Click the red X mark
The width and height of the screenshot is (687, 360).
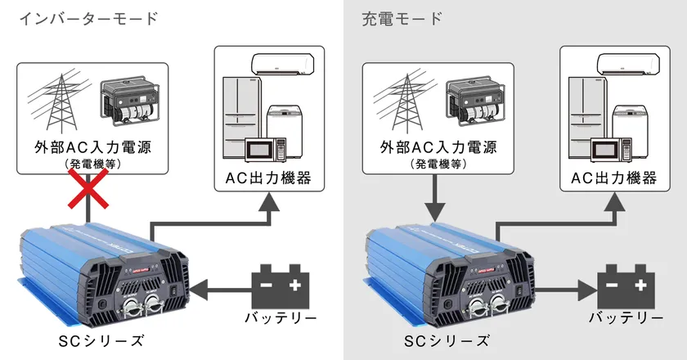[x=88, y=188]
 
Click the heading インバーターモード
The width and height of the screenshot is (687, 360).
[x=88, y=19]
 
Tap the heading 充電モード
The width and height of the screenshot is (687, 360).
[x=402, y=19]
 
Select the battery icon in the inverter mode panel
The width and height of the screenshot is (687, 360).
[x=281, y=286]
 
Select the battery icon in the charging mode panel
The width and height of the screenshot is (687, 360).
[x=626, y=286]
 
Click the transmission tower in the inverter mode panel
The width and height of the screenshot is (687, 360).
[x=60, y=103]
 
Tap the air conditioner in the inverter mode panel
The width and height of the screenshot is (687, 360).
[x=283, y=64]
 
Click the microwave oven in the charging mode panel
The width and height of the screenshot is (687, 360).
[x=611, y=150]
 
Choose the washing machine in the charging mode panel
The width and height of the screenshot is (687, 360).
[x=630, y=132]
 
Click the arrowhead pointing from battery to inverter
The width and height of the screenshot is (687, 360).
[x=199, y=290]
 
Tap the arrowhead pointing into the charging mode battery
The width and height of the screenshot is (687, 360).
[x=588, y=290]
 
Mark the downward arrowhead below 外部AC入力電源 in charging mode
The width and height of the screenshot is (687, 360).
[x=435, y=211]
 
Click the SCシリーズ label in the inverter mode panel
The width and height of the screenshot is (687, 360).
[x=101, y=341]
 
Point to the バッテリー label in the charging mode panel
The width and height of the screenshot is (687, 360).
[x=626, y=317]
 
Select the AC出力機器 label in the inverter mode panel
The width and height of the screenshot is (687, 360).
[x=268, y=178]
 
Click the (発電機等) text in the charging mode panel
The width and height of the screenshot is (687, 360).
[x=438, y=164]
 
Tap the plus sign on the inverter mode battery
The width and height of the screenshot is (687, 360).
[x=295, y=285]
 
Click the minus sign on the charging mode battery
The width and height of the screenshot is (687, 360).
[x=612, y=286]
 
